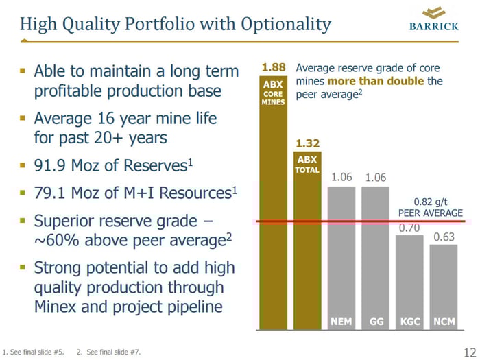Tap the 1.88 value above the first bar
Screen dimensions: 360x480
coord(273,68)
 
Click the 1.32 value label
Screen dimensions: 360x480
coord(307,143)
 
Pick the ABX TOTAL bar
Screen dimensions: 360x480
coord(307,240)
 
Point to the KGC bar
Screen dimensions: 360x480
coord(409,281)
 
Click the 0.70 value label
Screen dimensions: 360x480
coord(409,228)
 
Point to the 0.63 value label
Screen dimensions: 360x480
coord(444,237)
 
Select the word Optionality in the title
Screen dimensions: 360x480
coord(286,25)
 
